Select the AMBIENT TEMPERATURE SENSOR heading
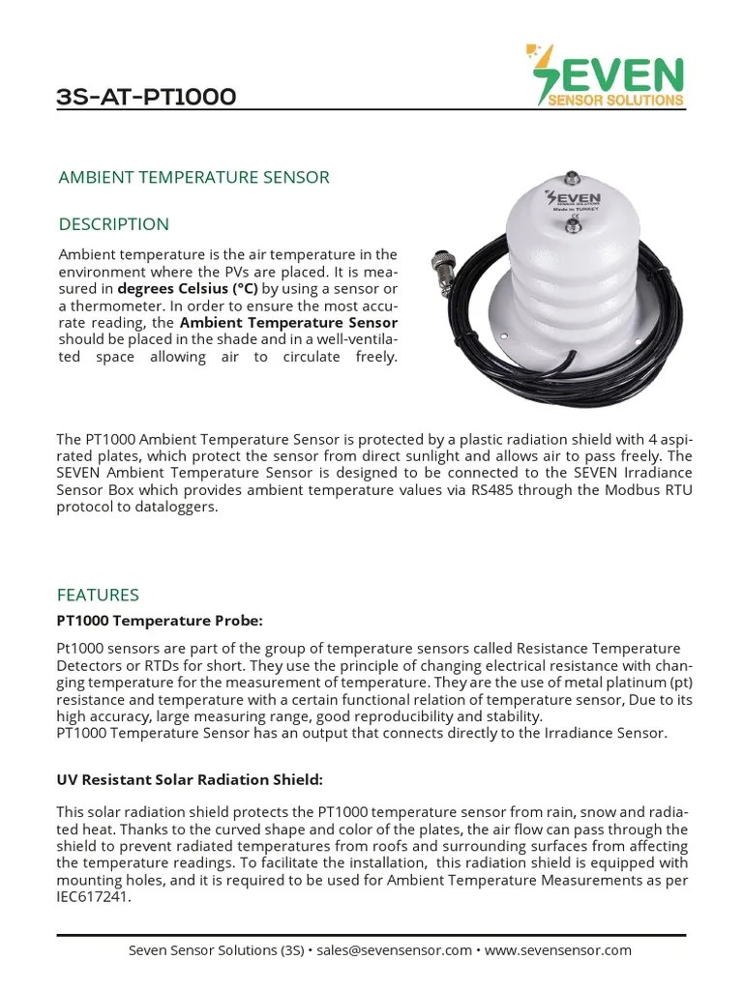pos(193,177)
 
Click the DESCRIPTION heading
pos(113,224)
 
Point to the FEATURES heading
pos(98,595)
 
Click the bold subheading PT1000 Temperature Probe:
pos(160,619)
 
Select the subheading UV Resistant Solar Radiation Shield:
pos(190,779)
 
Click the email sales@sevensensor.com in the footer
pos(394,950)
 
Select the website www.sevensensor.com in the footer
pos(558,950)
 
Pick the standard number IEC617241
pos(93,896)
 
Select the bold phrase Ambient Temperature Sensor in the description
pos(288,322)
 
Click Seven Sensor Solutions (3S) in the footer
pos(216,950)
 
